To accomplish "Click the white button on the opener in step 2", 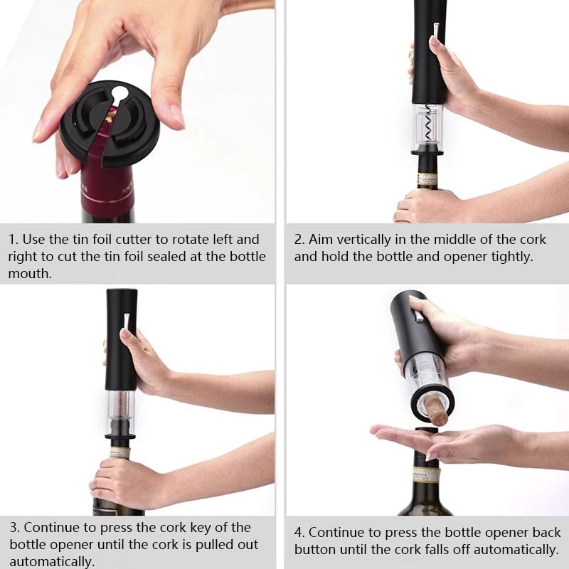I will (x=435, y=29).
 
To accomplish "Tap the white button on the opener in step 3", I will (x=126, y=319).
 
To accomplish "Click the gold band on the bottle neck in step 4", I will (x=427, y=475).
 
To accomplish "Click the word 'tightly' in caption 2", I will (x=509, y=257).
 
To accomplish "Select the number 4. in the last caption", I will (x=299, y=533).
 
